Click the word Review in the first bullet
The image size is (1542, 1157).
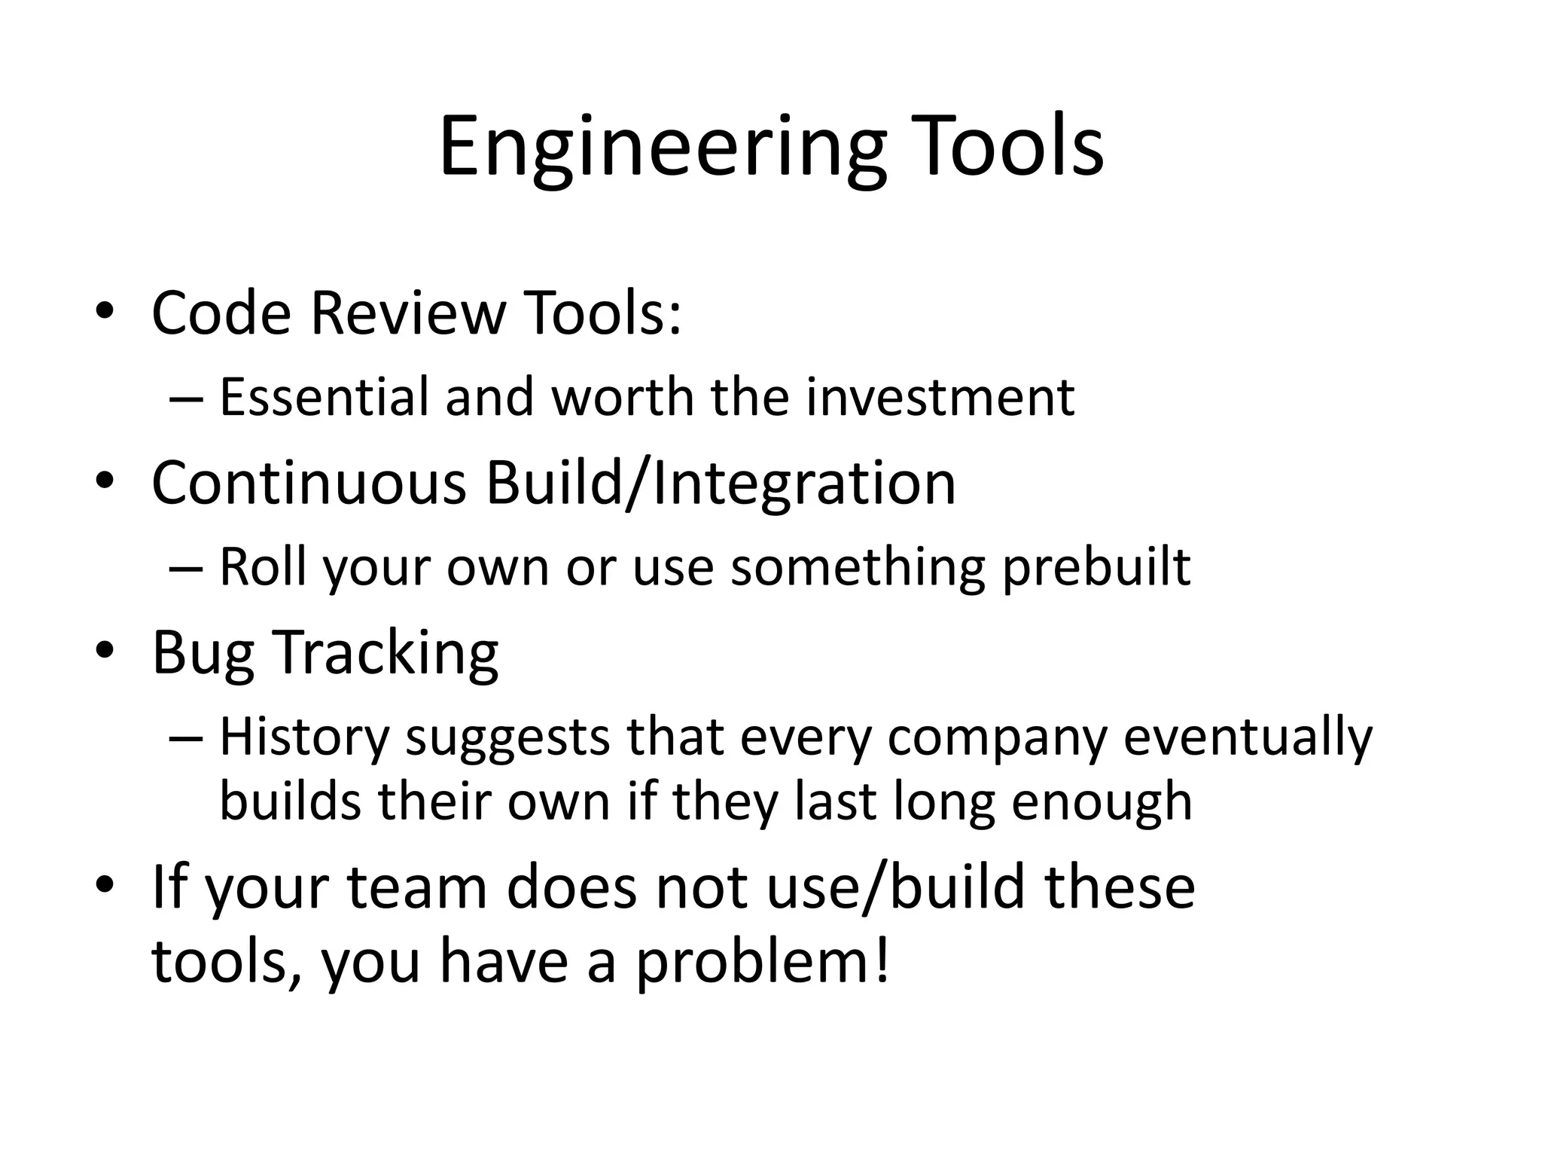[x=408, y=313]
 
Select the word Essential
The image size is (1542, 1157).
[x=324, y=397]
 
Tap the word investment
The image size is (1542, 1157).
[x=940, y=397]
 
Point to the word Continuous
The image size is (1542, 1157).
[x=309, y=482]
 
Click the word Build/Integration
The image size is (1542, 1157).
[x=721, y=482]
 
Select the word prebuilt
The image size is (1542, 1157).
[x=1096, y=568]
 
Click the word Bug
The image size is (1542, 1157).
[x=202, y=654]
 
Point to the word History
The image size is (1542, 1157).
[x=303, y=737]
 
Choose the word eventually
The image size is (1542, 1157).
[x=1248, y=737]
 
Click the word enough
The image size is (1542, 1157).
[x=1102, y=802]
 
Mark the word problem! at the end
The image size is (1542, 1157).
[x=762, y=963]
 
